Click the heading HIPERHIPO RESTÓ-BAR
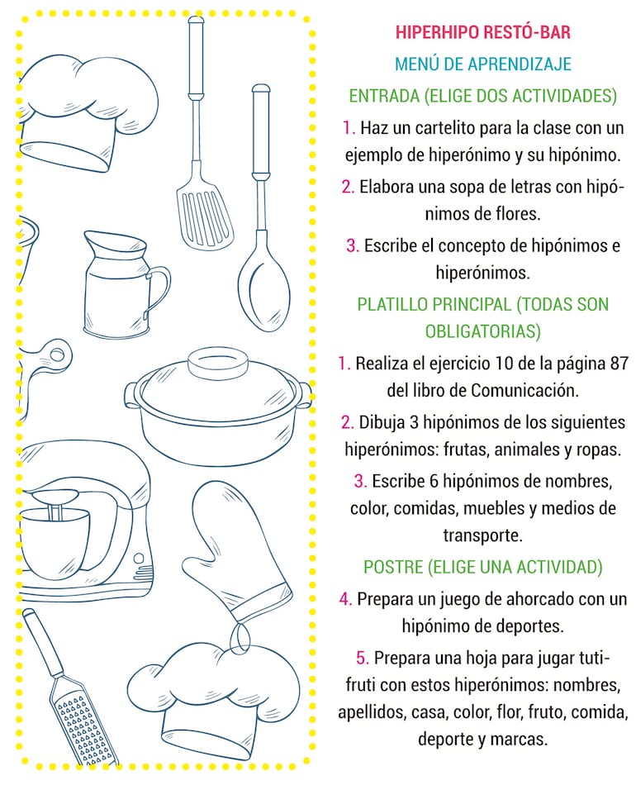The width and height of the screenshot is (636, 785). [483, 32]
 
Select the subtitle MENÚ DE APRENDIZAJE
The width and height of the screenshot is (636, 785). [483, 64]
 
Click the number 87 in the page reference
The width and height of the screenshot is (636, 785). [619, 363]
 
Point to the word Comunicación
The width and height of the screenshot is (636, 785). [524, 390]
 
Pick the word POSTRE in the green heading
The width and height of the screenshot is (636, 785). [392, 567]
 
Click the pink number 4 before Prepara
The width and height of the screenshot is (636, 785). [345, 599]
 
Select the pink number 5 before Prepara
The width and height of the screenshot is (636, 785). [363, 658]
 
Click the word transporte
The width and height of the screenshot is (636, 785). [483, 535]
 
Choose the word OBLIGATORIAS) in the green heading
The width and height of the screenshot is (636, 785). [483, 331]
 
